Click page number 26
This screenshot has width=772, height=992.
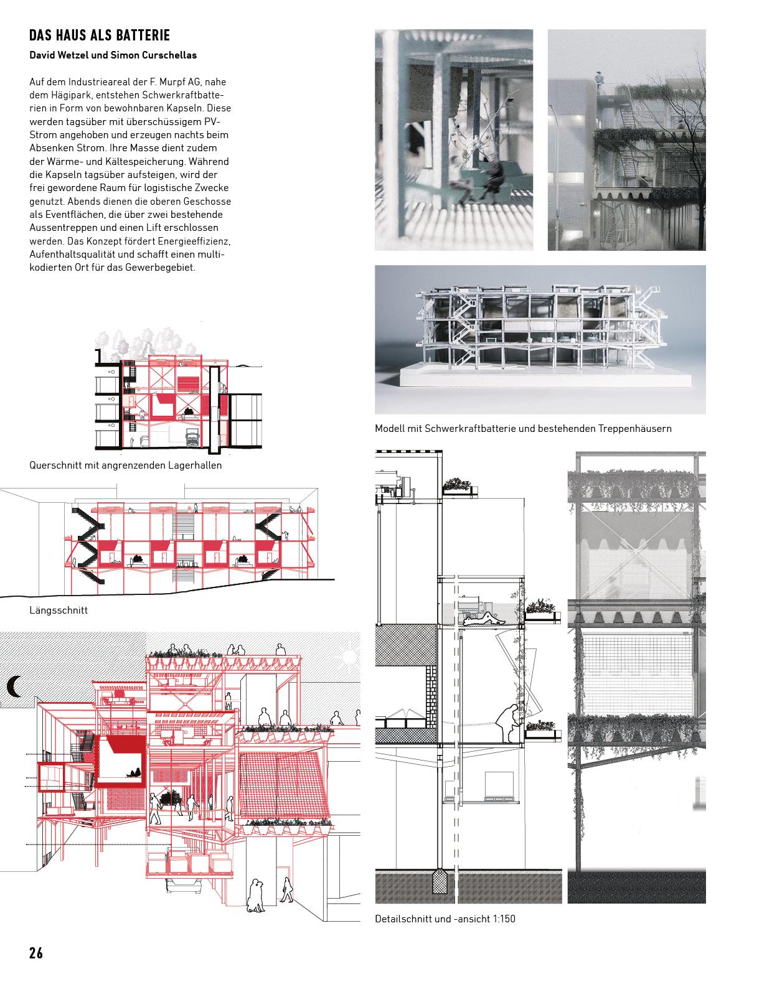[36, 953]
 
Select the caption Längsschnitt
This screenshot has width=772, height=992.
[59, 611]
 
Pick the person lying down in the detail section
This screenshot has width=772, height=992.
[480, 618]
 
